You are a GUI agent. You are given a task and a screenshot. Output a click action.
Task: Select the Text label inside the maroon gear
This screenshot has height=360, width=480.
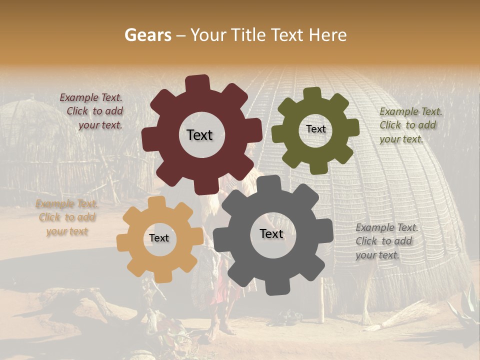point(199,135)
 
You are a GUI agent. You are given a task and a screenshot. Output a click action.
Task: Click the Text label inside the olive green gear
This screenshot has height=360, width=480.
point(315,129)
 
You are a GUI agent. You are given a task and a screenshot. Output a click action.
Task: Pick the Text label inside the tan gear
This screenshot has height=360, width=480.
point(159,238)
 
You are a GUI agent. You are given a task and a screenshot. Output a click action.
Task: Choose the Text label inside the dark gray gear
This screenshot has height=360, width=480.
point(271,233)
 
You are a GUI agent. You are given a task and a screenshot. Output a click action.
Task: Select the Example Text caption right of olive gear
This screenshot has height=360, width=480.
point(410,125)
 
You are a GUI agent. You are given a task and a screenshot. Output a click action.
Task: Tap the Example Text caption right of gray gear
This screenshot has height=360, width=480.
point(386,241)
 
